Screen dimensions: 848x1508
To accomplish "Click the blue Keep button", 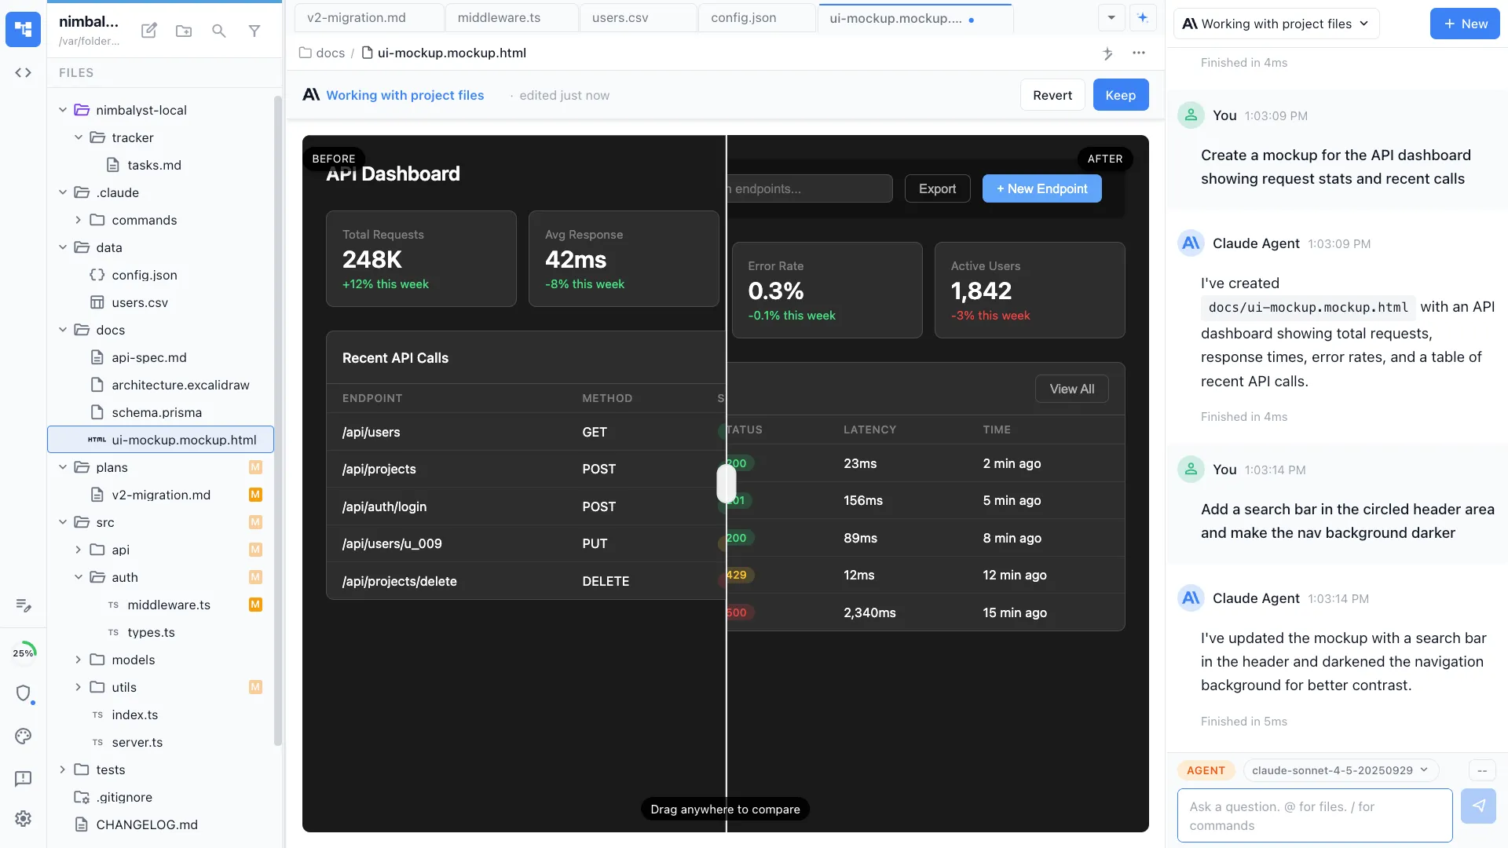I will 1120,95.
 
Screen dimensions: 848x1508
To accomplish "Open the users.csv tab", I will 620,17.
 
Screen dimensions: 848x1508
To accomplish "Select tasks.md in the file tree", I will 154,165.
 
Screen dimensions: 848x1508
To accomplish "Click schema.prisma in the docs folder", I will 156,412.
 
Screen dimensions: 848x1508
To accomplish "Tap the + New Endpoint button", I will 1041,188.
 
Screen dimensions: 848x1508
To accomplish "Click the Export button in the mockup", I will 937,188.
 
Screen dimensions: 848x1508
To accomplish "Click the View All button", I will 1071,389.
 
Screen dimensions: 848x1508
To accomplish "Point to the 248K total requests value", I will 372,259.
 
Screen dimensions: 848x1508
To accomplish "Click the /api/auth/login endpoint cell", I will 384,506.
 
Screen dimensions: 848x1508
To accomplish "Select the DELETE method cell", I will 605,581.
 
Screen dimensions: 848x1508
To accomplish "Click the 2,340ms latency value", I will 869,612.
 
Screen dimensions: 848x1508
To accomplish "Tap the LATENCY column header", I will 869,429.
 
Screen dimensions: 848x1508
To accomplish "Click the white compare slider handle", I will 726,483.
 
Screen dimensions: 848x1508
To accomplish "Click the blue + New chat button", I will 1464,24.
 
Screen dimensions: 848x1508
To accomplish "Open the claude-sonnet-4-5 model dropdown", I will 1340,770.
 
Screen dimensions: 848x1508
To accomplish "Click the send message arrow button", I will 1478,806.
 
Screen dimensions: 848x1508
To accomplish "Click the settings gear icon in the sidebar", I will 23,818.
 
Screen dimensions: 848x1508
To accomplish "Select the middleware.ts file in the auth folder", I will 169,605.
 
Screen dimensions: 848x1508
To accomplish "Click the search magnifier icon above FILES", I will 219,31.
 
